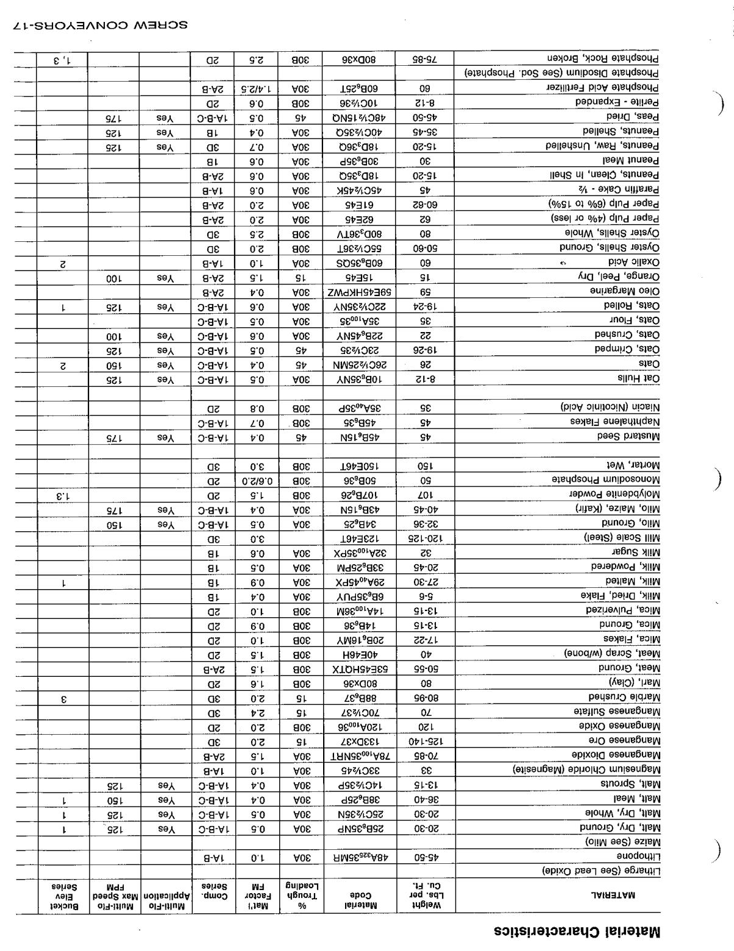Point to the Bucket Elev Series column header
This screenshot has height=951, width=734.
point(63,896)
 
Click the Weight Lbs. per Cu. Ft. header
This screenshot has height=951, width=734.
point(425,896)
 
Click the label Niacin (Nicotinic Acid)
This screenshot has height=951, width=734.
point(610,407)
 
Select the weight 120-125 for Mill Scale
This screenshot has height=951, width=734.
point(425,538)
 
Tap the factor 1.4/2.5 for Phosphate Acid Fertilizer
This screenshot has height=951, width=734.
point(257,88)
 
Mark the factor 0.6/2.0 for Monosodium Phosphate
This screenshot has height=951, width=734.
point(257,479)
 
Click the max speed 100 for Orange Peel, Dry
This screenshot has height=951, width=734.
point(113,277)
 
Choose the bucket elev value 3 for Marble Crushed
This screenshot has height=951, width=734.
point(63,697)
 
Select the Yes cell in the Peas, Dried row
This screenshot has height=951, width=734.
point(165,116)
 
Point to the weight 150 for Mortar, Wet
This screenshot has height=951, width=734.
point(425,465)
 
